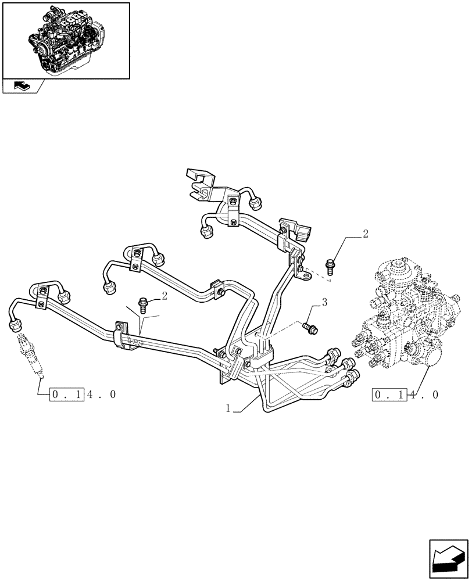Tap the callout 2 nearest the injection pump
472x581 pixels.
tap(364, 234)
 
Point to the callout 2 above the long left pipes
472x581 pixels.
tap(165, 296)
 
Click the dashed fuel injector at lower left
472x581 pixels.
tap(31, 354)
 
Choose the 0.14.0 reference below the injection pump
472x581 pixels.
tap(406, 394)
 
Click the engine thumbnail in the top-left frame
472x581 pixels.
tap(65, 40)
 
